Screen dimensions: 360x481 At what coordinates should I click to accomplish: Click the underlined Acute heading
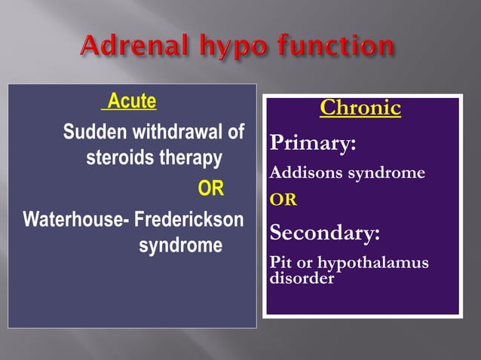click(131, 100)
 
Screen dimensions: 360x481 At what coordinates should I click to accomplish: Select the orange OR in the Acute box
click(210, 188)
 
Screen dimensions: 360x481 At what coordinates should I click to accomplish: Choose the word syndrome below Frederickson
click(180, 246)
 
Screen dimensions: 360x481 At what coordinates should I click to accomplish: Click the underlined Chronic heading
click(360, 108)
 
